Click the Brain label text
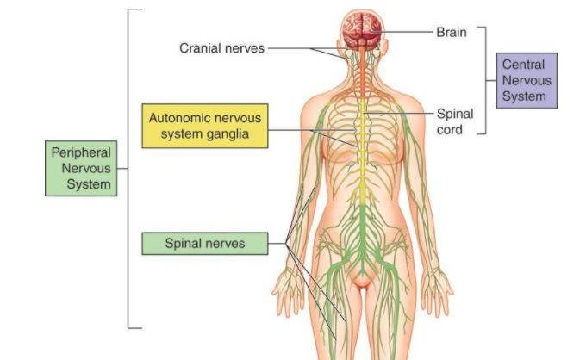tap(451, 32)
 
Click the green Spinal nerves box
tap(204, 244)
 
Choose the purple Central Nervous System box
tap(525, 80)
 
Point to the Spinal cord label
tap(454, 121)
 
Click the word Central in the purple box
tap(525, 65)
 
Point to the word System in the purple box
tap(525, 96)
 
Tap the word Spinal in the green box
tap(184, 244)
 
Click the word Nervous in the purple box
tap(525, 80)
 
